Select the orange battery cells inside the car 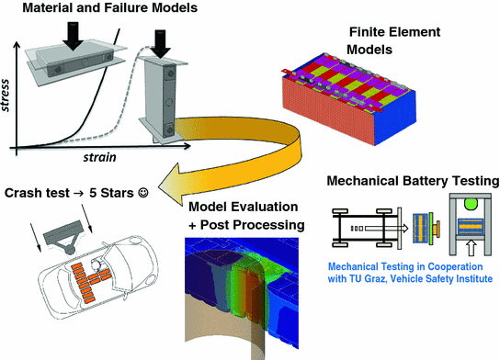pos(95,280)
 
